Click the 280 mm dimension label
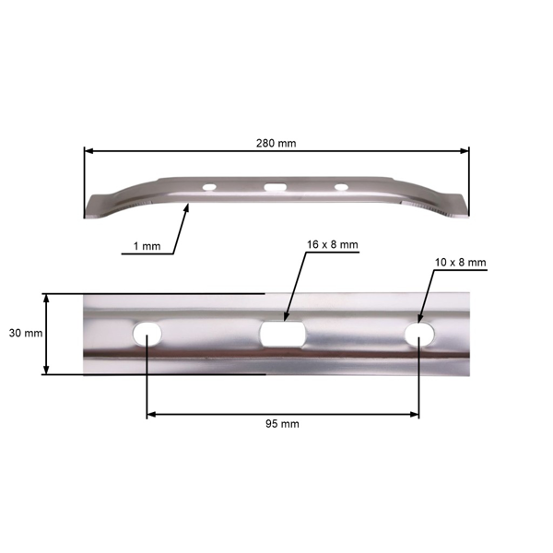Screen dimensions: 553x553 pyautogui.click(x=276, y=143)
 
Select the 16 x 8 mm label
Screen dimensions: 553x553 pyautogui.click(x=333, y=245)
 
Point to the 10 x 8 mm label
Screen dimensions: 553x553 pyautogui.click(x=458, y=263)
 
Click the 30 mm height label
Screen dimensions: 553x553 pyautogui.click(x=22, y=334)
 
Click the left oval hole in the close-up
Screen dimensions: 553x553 pyautogui.click(x=147, y=332)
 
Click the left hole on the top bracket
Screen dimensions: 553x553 pyautogui.click(x=211, y=187)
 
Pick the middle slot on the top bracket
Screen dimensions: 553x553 pyautogui.click(x=276, y=188)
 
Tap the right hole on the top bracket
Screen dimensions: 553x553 pyautogui.click(x=342, y=187)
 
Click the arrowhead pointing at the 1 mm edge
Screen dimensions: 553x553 pyautogui.click(x=187, y=208)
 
